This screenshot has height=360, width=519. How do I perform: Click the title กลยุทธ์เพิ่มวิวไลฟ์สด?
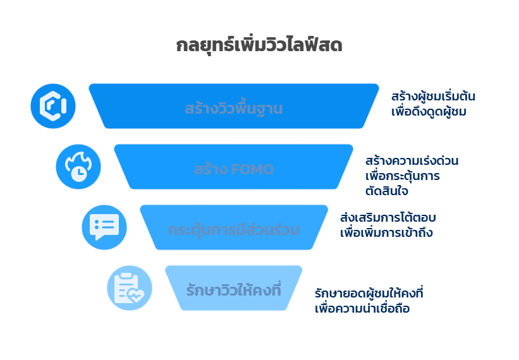coord(259,46)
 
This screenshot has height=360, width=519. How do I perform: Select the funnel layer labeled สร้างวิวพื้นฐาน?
coord(234,108)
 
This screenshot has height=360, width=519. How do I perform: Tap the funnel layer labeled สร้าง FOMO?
coord(233,169)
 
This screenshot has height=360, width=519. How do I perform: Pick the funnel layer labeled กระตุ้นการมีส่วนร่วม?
coord(233,229)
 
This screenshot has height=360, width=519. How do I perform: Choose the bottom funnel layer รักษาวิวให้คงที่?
coord(233,290)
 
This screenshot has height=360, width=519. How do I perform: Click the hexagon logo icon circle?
coord(53,105)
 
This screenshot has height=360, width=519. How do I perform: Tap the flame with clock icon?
coord(78,167)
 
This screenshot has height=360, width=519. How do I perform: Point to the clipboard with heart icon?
coord(130,288)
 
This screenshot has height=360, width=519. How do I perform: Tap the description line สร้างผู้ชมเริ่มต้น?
coord(432,97)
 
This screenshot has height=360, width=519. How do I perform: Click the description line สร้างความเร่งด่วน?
coord(412,160)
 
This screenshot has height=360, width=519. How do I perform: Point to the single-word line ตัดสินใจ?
coord(386,190)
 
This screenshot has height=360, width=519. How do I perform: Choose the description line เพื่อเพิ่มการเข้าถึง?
coord(386,232)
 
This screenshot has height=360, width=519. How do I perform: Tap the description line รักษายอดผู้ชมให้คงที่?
coord(369,294)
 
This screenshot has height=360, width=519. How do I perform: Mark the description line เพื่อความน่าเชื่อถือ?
coord(362,309)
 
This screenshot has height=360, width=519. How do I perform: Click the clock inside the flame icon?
coord(79,174)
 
